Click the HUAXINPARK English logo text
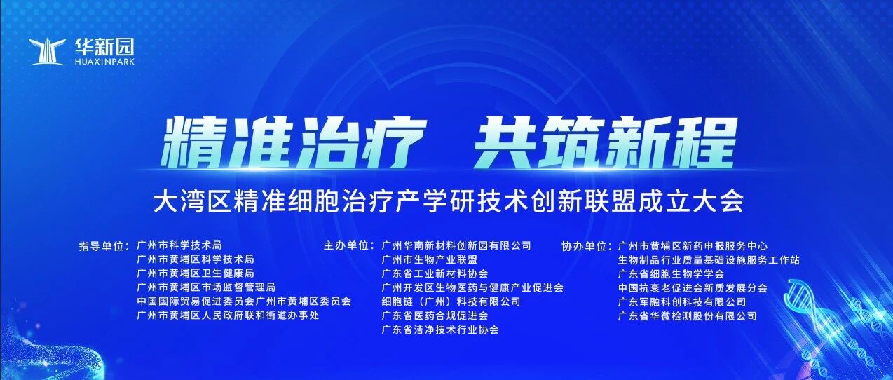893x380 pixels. [x=105, y=62]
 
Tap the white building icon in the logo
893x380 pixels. [x=48, y=52]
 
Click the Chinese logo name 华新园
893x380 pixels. [x=104, y=48]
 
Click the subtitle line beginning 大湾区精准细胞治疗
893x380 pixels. [x=449, y=202]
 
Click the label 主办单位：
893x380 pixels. [x=349, y=245]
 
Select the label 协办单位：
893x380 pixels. [x=587, y=246]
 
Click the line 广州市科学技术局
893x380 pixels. [x=179, y=245]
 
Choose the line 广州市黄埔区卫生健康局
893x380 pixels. [x=196, y=273]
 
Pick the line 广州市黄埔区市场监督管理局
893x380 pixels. [x=206, y=287]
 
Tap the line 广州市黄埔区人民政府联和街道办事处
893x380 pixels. [x=228, y=315]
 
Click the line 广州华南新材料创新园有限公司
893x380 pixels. [x=456, y=245]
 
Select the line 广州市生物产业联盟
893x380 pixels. [x=430, y=260]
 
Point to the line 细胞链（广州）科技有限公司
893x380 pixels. [x=451, y=302]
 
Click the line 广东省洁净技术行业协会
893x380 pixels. [x=440, y=330]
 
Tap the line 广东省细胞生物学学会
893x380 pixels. [x=672, y=274]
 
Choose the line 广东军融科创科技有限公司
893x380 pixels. [x=682, y=302]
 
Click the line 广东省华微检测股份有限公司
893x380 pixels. [x=688, y=316]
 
